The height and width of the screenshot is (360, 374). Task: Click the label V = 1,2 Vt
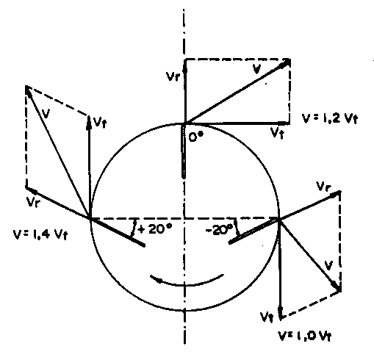click(330, 118)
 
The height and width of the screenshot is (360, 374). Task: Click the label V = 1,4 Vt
click(40, 234)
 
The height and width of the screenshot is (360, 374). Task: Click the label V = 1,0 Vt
click(305, 336)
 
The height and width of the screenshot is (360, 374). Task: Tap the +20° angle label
click(155, 229)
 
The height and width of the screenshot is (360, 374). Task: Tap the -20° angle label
click(219, 230)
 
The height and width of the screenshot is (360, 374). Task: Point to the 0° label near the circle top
click(196, 137)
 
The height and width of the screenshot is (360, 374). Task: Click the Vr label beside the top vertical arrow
click(173, 76)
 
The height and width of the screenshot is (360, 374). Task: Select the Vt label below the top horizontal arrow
click(277, 133)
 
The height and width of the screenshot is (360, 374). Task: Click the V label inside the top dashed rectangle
click(256, 68)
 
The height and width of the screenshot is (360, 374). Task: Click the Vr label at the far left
click(32, 201)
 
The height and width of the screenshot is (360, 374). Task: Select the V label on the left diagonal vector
click(46, 113)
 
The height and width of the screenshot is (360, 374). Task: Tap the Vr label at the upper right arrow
click(323, 187)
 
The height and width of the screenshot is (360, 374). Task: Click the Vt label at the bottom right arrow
click(267, 317)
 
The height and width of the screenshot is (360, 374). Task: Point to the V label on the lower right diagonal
click(328, 265)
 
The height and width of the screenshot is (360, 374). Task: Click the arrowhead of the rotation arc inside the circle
click(157, 279)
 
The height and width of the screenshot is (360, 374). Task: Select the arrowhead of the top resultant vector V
click(286, 62)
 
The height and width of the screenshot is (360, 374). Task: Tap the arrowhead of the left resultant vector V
click(28, 90)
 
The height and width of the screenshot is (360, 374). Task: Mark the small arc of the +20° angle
click(134, 228)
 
